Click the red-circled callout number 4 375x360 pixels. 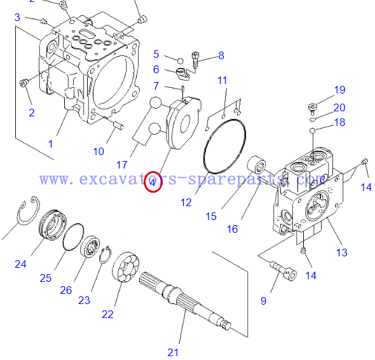pyautogui.click(x=153, y=183)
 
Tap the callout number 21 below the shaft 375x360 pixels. pyautogui.click(x=173, y=352)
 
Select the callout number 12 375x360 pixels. pyautogui.click(x=186, y=202)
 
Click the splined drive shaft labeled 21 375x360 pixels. pyautogui.click(x=186, y=301)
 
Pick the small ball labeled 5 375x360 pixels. pyautogui.click(x=181, y=61)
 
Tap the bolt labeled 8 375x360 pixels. pyautogui.click(x=195, y=60)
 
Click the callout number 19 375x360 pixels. pyautogui.click(x=339, y=90)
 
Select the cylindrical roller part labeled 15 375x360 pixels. pyautogui.click(x=257, y=165)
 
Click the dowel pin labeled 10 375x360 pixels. pyautogui.click(x=118, y=125)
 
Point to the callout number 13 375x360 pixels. pyautogui.click(x=341, y=253)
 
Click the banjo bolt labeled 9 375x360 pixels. pyautogui.click(x=284, y=270)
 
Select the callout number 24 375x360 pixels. pyautogui.click(x=20, y=264)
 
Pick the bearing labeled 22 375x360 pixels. pyautogui.click(x=126, y=267)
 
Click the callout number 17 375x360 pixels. pyautogui.click(x=122, y=165)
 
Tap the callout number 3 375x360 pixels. pyautogui.click(x=17, y=17)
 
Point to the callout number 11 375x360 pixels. pyautogui.click(x=222, y=80)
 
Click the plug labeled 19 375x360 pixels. pyautogui.click(x=312, y=107)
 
